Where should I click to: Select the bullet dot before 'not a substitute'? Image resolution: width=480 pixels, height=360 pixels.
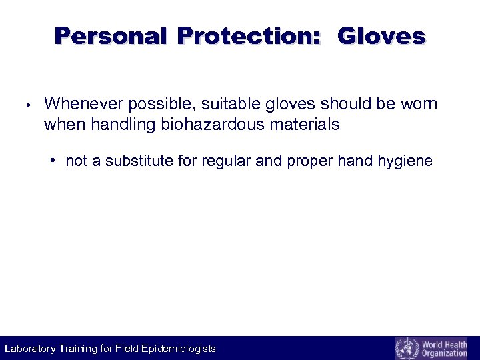pyautogui.click(x=53, y=161)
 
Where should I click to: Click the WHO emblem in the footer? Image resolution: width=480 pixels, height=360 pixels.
pyautogui.click(x=406, y=348)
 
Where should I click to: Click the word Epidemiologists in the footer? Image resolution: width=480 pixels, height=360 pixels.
pyautogui.click(x=179, y=349)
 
